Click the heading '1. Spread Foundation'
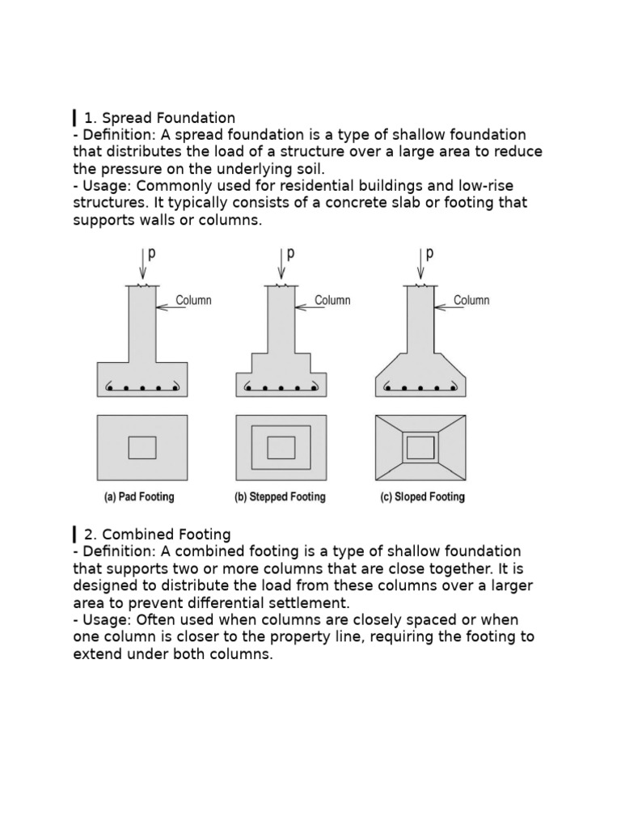[159, 118]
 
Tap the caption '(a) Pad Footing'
[139, 496]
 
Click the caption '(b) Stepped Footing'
[280, 496]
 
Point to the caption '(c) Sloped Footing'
[422, 496]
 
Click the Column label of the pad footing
[193, 301]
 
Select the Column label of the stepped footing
[332, 301]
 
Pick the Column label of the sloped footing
[471, 301]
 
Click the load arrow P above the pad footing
[143, 263]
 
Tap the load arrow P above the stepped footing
[281, 263]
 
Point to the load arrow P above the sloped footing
[420, 263]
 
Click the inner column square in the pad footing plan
[142, 447]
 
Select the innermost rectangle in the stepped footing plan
[281, 447]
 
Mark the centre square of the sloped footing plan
[420, 447]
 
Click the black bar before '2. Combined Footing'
[75, 534]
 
